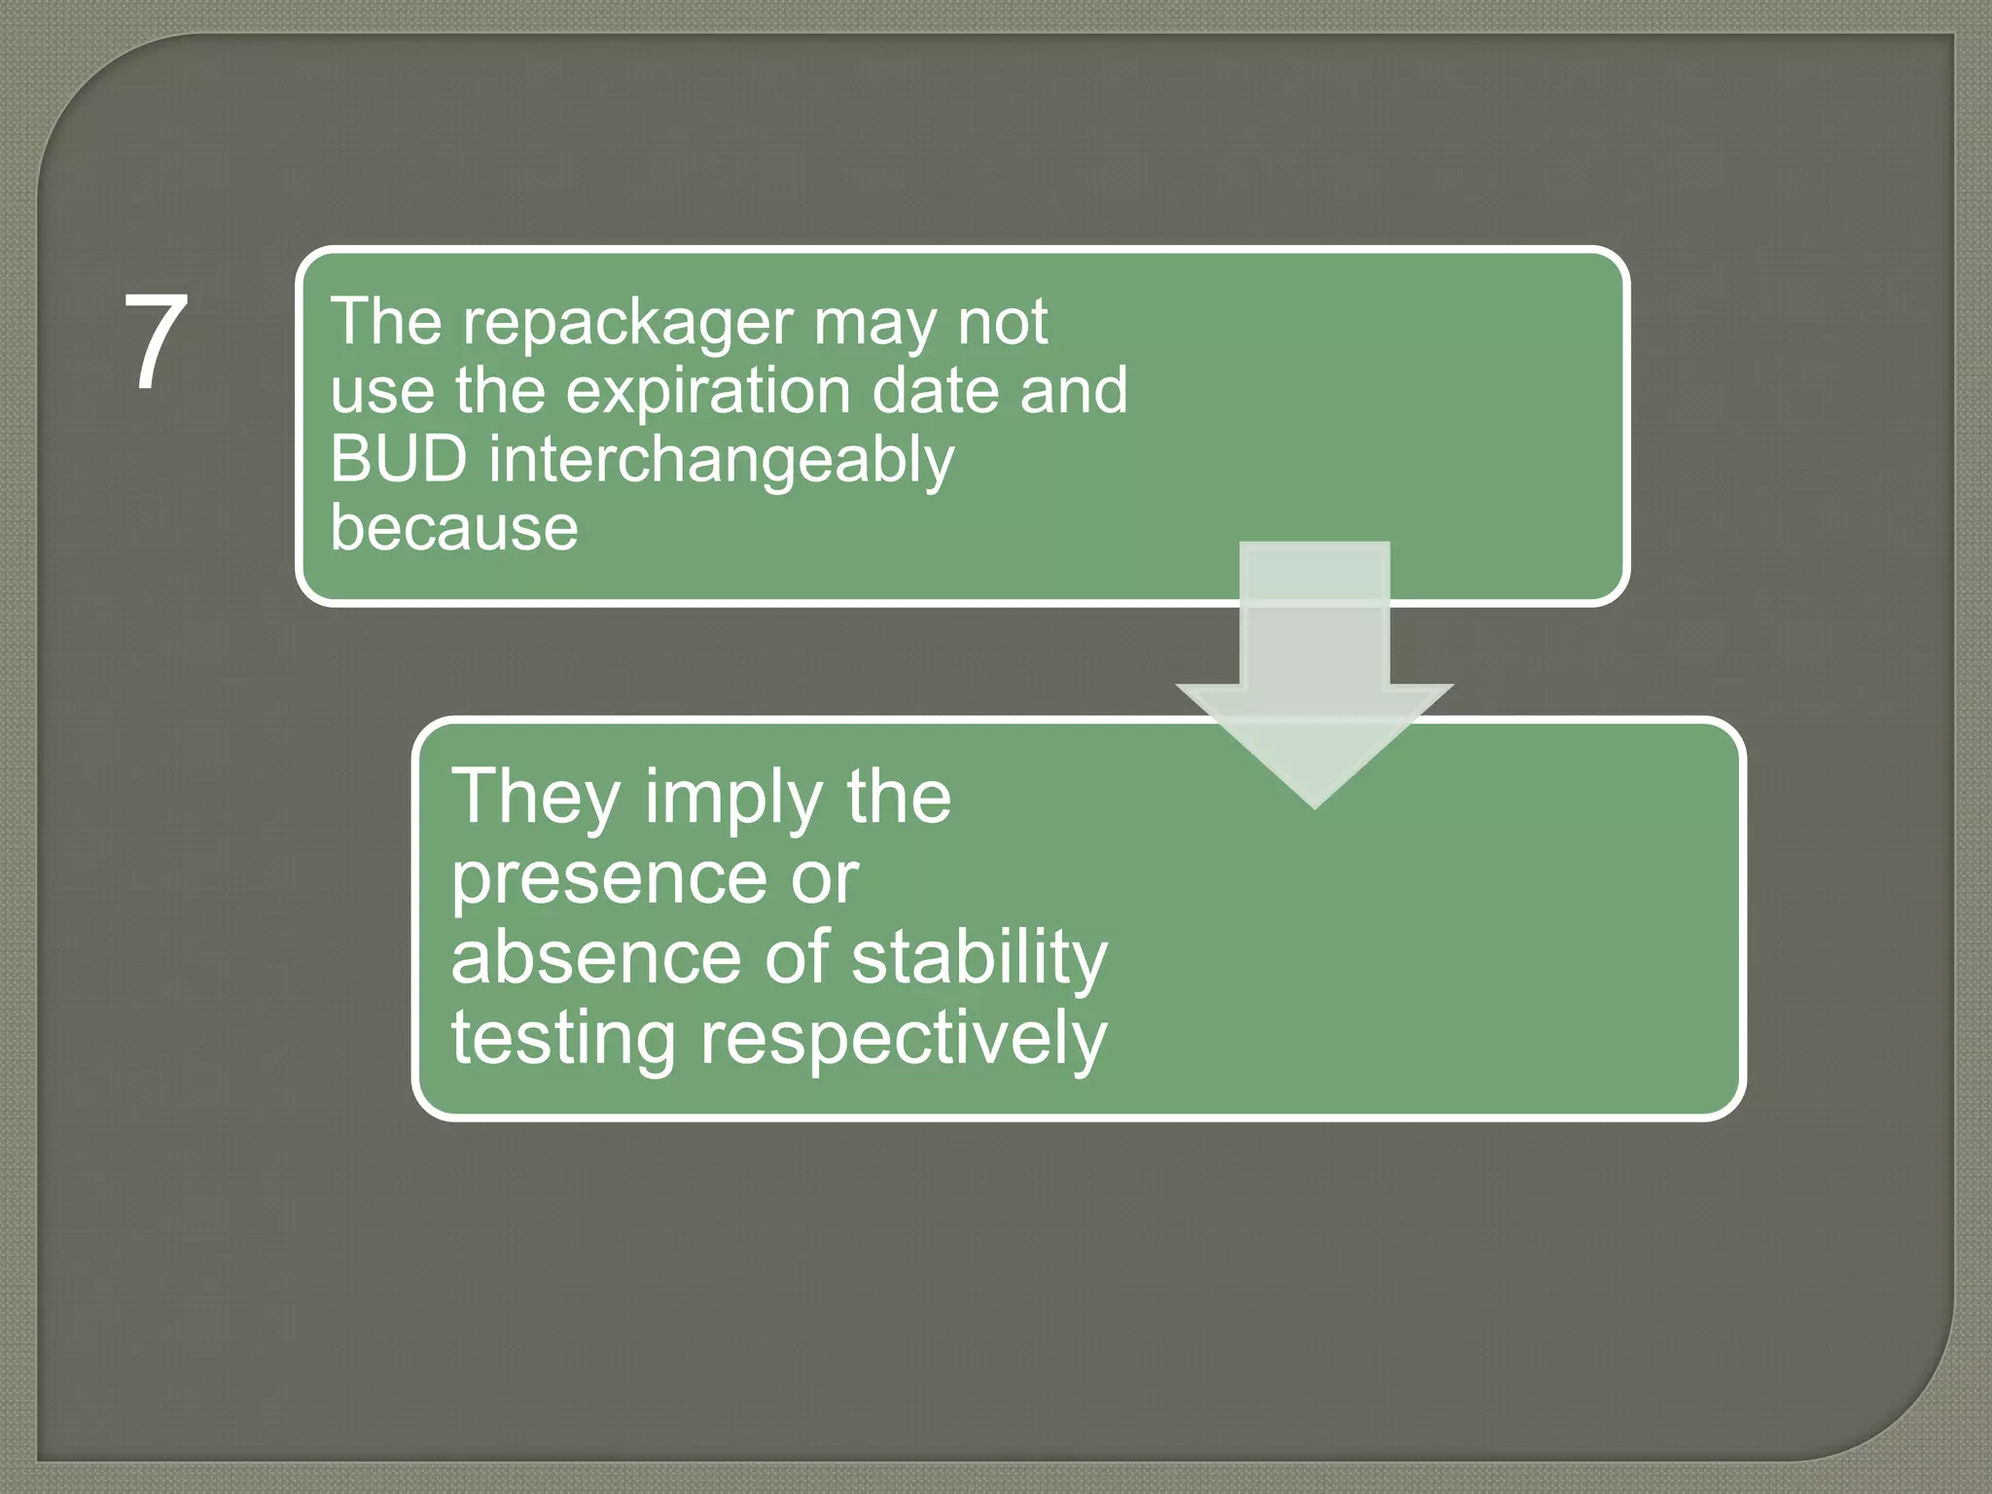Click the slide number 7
coord(156,342)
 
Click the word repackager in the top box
coord(628,323)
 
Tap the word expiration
coord(710,391)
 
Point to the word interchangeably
coord(721,461)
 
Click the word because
coord(453,528)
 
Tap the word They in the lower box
coord(535,798)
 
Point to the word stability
coord(978,959)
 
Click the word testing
coord(563,1040)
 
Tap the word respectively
coord(904,1040)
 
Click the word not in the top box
coord(1002,323)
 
